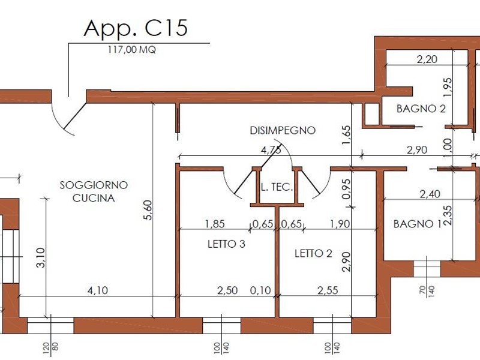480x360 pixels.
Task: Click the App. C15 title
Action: (x=136, y=28)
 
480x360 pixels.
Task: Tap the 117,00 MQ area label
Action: (x=131, y=50)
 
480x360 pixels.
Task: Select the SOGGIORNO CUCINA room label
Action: (x=94, y=191)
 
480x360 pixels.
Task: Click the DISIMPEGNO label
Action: (x=283, y=130)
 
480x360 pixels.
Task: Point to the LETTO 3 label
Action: (x=226, y=244)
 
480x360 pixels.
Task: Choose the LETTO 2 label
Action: (x=313, y=253)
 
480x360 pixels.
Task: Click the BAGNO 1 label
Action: (x=417, y=224)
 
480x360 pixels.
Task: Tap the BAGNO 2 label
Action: (x=421, y=109)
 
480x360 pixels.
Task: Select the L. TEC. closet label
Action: (x=277, y=187)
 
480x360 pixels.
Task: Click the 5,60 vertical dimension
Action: (x=148, y=210)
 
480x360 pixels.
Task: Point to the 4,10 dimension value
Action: (x=98, y=290)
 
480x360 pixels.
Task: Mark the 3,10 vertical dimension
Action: (x=41, y=258)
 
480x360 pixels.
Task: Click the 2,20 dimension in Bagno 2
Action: (x=427, y=59)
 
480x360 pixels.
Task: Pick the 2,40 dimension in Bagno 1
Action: (x=430, y=194)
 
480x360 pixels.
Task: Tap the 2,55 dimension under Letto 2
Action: (x=328, y=290)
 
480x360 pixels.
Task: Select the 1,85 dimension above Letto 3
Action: (x=215, y=224)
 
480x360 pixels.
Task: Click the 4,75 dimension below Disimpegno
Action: (x=271, y=151)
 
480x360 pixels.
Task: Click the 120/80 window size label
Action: (x=50, y=350)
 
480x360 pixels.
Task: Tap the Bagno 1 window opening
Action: (x=427, y=269)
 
